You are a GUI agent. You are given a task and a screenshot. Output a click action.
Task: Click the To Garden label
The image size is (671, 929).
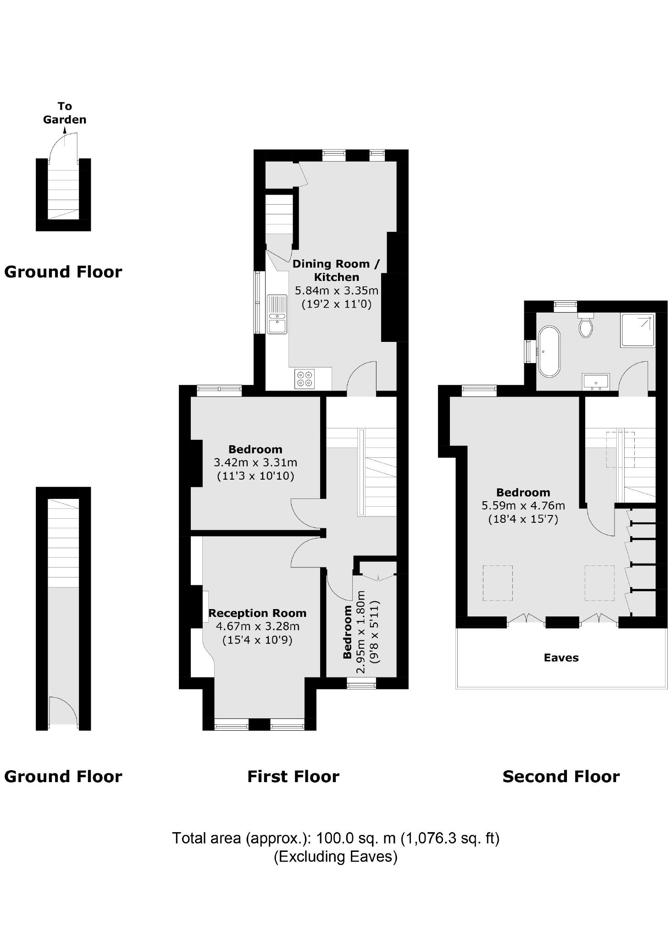(65, 113)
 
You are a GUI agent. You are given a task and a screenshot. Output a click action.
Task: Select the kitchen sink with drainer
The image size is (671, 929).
(277, 314)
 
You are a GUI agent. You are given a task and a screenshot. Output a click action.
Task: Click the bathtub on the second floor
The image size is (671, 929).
(549, 351)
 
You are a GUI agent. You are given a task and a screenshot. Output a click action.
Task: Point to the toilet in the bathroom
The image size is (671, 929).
(586, 325)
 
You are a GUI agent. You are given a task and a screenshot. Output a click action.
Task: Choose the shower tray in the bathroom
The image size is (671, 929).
(638, 330)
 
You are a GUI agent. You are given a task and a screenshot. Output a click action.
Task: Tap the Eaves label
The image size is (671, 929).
(561, 658)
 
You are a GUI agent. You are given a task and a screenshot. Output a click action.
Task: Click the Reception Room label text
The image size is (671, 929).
(257, 613)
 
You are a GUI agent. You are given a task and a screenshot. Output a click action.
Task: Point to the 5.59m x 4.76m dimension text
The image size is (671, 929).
(523, 506)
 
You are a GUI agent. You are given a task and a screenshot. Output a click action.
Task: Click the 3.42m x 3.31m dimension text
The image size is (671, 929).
(255, 462)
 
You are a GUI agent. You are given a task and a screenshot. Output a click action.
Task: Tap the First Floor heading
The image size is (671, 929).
(293, 777)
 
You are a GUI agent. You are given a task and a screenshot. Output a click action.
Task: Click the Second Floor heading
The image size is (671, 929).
(561, 777)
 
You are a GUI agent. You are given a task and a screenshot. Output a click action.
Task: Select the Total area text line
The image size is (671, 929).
(335, 838)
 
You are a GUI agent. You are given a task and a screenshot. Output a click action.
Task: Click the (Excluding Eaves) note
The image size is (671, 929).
(335, 856)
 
